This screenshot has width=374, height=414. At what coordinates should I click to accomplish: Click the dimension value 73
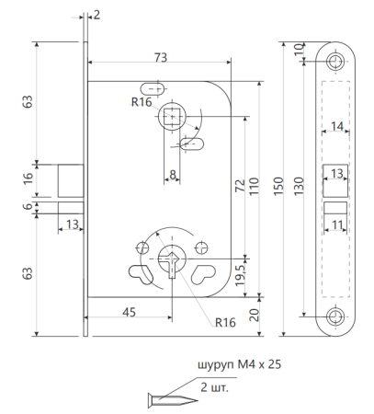click(x=160, y=58)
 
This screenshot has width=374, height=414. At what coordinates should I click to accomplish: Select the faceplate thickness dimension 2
click(x=96, y=16)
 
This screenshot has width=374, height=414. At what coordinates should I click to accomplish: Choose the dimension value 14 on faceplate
click(x=336, y=126)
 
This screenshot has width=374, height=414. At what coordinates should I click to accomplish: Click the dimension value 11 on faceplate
click(x=337, y=224)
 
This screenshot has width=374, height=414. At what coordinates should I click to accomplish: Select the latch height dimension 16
click(x=27, y=178)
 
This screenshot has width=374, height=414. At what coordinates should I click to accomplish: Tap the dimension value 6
click(x=27, y=208)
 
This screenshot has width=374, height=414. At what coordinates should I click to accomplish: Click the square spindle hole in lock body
click(x=172, y=117)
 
